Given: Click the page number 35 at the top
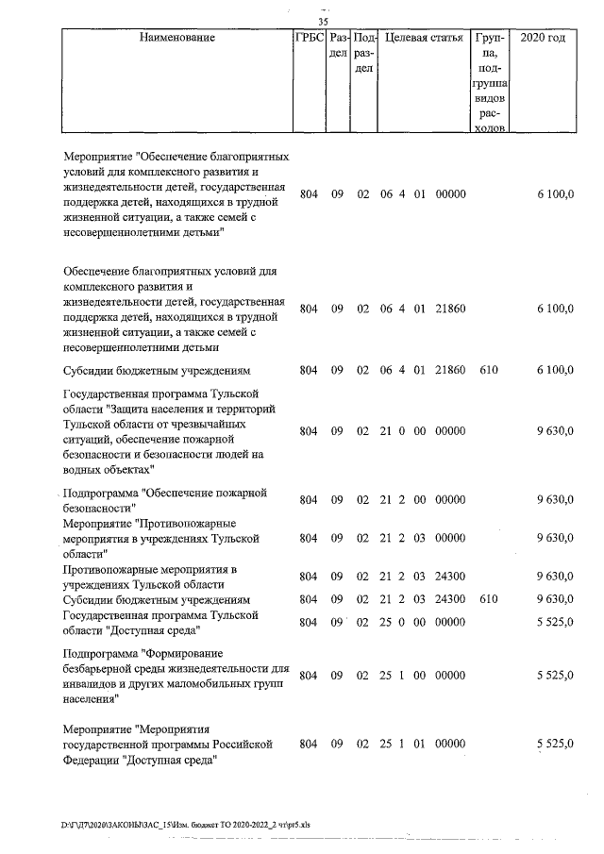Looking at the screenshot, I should (x=323, y=21).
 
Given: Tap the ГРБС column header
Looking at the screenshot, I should (x=309, y=39).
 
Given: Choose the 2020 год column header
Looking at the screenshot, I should (x=549, y=39).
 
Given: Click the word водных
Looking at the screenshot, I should (x=82, y=469).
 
